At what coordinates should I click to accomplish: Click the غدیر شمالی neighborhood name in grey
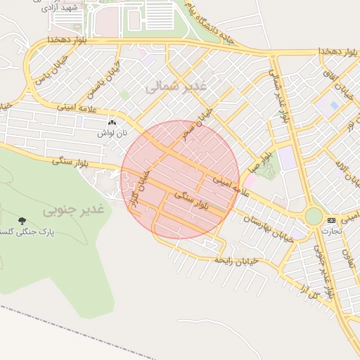[x=175, y=86]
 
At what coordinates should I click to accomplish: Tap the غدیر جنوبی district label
[x=73, y=210]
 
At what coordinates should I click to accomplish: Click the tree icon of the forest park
[x=22, y=221]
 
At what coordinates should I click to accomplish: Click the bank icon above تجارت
[x=331, y=220]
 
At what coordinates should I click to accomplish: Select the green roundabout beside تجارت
[x=313, y=216]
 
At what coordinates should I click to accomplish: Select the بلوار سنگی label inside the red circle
[x=191, y=202]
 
